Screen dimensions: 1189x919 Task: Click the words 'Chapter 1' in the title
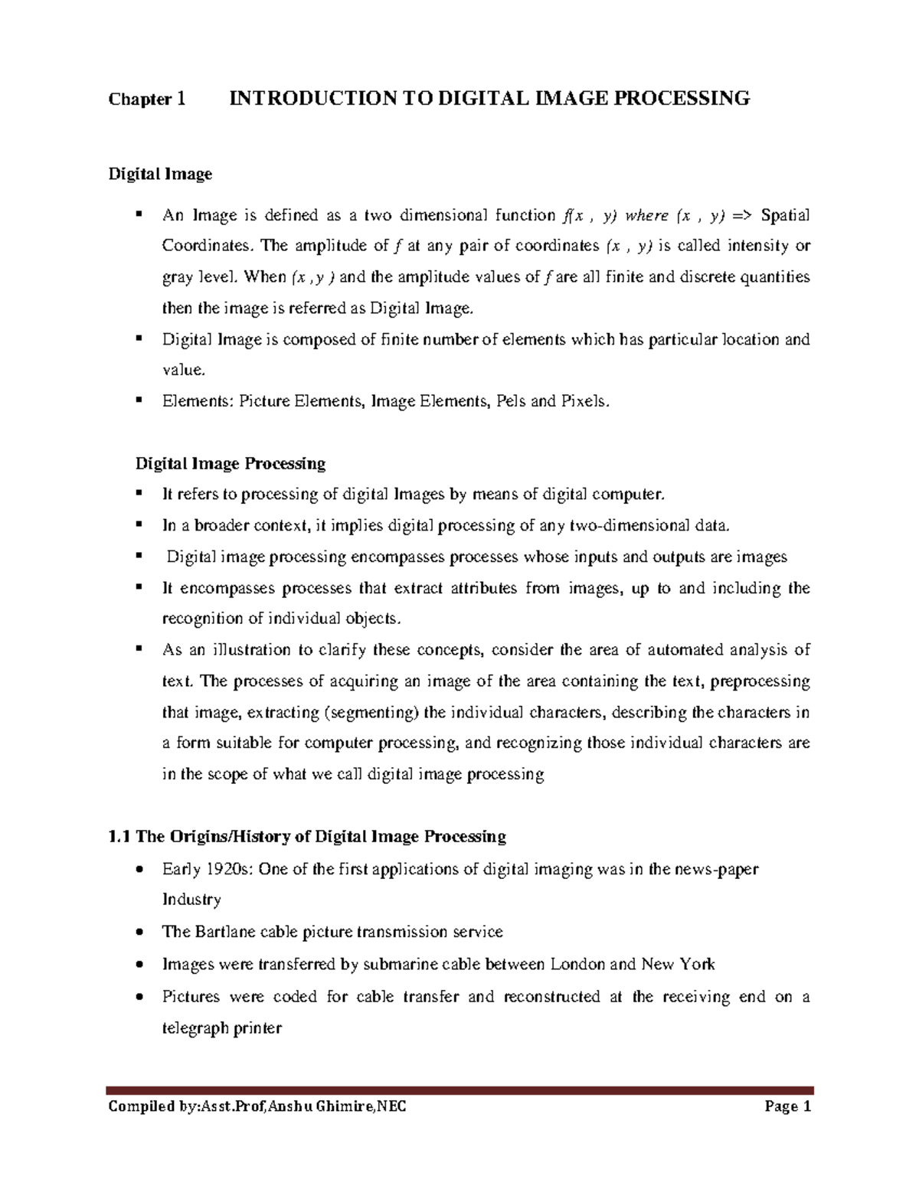(x=147, y=99)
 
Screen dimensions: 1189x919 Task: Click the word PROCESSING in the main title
(x=685, y=98)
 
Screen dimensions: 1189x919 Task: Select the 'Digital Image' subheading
(x=159, y=175)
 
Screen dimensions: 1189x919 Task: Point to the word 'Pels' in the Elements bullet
(x=511, y=401)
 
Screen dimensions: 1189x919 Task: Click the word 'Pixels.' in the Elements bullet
(x=586, y=401)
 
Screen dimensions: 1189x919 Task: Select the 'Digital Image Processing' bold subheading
(x=230, y=464)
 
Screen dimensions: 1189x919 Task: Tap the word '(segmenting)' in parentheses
(x=371, y=713)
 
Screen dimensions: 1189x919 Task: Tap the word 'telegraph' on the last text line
(x=195, y=1028)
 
